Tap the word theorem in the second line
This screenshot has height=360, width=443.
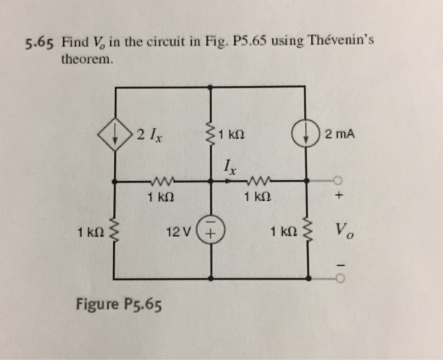88,61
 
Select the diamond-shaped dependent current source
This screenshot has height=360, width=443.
115,135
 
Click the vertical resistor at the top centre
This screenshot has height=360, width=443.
210,135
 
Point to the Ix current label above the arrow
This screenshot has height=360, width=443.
229,167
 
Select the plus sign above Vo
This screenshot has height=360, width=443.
339,197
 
